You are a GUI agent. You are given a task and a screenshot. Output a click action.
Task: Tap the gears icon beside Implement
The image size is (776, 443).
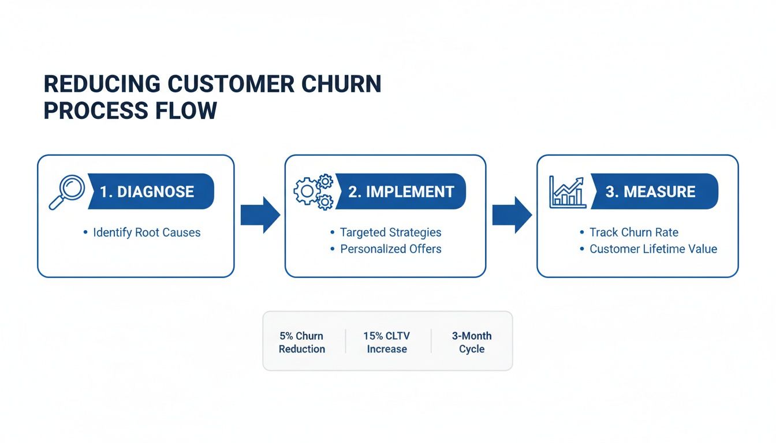[x=314, y=192]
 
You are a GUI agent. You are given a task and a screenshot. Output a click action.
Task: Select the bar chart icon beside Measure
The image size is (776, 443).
[x=567, y=192]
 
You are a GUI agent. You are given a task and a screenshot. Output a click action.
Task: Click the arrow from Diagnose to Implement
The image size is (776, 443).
[x=260, y=215]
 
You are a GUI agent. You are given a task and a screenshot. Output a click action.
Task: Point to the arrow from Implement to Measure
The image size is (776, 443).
[x=512, y=215]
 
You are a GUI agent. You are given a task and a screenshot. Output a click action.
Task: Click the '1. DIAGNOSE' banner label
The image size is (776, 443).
[x=147, y=192]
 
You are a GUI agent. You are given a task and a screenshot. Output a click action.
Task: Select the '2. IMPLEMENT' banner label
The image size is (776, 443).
[x=401, y=192]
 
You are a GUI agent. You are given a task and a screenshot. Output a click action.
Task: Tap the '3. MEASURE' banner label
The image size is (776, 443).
[x=651, y=192]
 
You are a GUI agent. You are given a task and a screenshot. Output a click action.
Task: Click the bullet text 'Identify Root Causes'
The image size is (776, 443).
[x=147, y=232]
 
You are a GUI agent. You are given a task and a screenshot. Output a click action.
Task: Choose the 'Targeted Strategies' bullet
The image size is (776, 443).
[x=390, y=232]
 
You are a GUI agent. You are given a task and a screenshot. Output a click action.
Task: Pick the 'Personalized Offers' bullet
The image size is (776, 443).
[x=390, y=249]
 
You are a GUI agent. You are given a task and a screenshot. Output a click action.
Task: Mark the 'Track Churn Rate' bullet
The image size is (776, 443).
[x=633, y=232]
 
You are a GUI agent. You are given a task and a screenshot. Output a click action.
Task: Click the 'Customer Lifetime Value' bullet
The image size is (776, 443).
[x=653, y=249]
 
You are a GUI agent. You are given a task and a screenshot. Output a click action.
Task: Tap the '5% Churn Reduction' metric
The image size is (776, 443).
[x=301, y=342]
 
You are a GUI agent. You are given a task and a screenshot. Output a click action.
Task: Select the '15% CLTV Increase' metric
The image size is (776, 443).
[x=387, y=342]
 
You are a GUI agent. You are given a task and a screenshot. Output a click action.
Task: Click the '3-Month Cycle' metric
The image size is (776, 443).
[x=472, y=342]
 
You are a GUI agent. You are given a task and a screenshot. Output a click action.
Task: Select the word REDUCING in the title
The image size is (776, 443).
[x=102, y=84]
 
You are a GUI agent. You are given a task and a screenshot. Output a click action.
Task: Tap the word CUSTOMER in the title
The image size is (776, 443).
[x=231, y=84]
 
